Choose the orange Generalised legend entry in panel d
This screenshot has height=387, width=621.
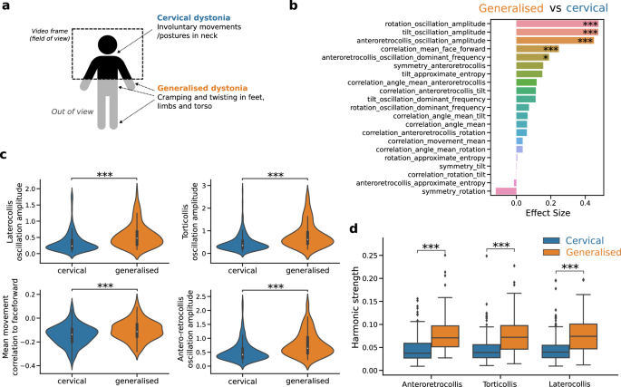click(x=585, y=253)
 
